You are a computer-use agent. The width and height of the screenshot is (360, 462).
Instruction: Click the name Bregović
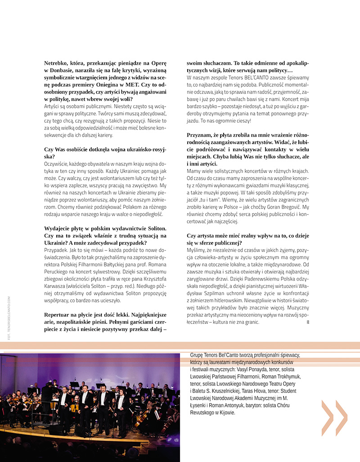286,207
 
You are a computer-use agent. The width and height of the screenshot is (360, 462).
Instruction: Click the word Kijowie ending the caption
225,412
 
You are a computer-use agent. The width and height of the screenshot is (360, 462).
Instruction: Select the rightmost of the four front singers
121,407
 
